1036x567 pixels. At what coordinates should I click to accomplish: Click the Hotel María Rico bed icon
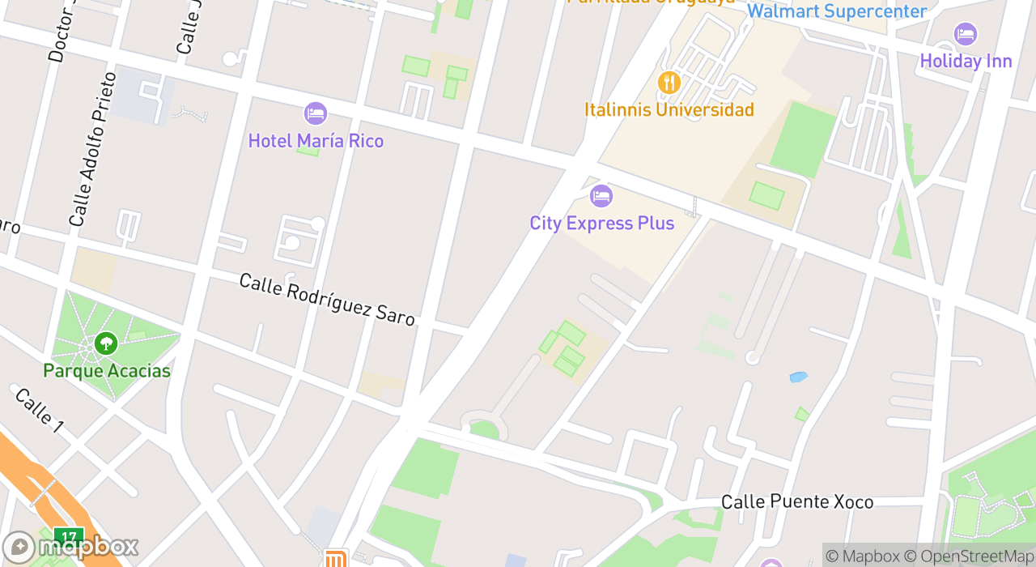coord(316,113)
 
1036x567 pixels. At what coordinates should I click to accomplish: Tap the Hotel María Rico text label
coord(316,141)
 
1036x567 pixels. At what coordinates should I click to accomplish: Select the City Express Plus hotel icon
coord(601,195)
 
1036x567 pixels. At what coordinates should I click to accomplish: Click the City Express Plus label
coord(601,223)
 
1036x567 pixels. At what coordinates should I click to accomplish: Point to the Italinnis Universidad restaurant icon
coord(669,83)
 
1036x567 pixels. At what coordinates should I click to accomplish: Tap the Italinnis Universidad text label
coord(669,109)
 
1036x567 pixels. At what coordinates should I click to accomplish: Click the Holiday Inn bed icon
coord(966,34)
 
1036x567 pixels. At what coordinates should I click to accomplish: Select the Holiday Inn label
coord(966,61)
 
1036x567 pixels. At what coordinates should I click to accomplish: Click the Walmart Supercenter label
coord(836,11)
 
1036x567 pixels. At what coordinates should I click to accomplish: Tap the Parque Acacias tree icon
coord(105,343)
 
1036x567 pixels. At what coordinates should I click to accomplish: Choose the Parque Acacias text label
coord(107,371)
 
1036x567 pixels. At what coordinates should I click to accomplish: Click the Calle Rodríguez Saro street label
coord(327,299)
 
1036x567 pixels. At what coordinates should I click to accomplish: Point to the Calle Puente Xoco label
coord(797,502)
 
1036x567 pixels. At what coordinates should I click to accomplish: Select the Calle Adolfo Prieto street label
coord(92,150)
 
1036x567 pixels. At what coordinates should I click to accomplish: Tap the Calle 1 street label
coord(38,411)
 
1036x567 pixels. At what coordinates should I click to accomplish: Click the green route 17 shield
coord(70,537)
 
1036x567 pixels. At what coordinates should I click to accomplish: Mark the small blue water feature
coord(799,377)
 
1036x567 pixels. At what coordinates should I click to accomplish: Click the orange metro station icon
coord(335,559)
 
